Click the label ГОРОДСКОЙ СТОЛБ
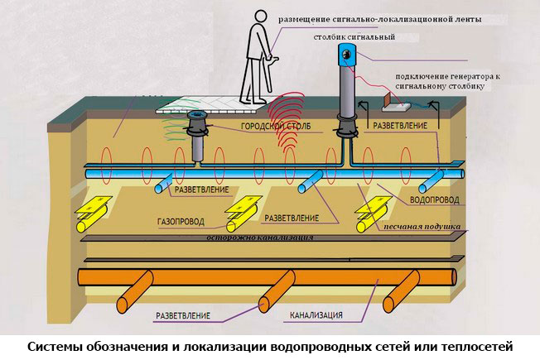[x=268, y=127]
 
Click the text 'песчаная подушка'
[x=418, y=226]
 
